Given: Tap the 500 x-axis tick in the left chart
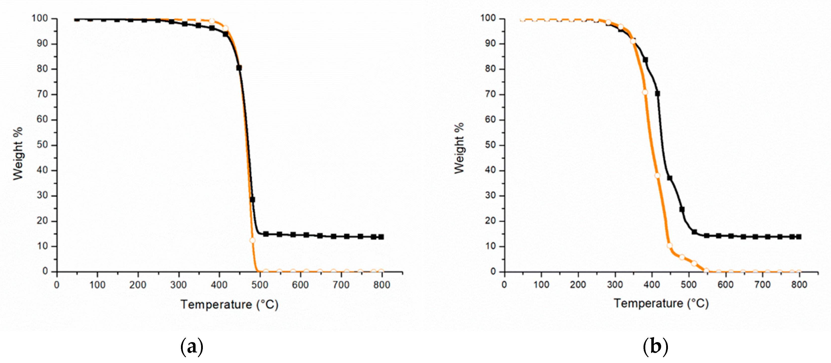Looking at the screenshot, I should [x=260, y=285].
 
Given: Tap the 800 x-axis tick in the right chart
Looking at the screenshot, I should [x=799, y=285].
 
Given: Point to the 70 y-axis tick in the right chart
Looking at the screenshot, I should [x=490, y=94].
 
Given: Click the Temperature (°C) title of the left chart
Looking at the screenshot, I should [x=229, y=304].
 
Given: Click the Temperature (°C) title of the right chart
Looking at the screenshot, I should [x=661, y=303].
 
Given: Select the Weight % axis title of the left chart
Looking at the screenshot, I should [x=18, y=153].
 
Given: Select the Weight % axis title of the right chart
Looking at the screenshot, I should [x=459, y=148].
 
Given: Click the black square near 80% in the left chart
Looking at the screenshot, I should [x=239, y=68].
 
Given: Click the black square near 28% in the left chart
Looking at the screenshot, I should [x=252, y=199].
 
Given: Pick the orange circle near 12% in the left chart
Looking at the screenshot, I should [x=252, y=240].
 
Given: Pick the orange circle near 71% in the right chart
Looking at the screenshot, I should [x=645, y=92].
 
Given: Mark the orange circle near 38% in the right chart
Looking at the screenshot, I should [x=657, y=176].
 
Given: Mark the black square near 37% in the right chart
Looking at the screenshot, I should [x=670, y=178].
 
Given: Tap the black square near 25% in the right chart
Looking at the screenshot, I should [x=682, y=210].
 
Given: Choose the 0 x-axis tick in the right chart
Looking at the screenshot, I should [x=505, y=285].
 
